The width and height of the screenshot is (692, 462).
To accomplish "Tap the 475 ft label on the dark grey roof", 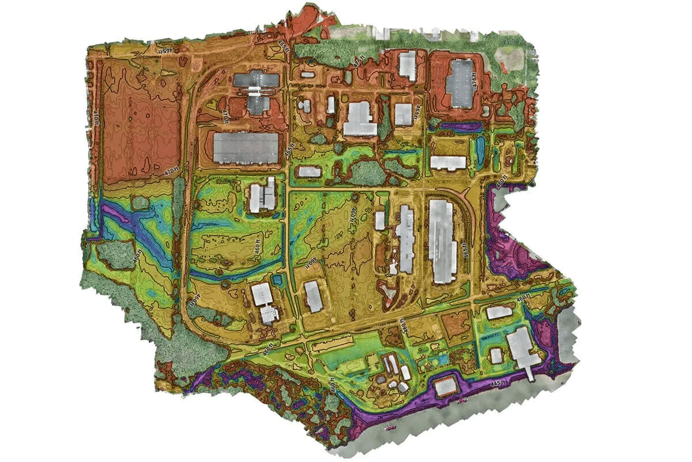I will [475, 83].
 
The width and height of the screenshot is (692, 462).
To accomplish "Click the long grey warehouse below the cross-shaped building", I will [246, 148].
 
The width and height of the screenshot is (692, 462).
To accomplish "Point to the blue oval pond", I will [480, 149].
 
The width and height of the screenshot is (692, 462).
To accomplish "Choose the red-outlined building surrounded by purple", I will [445, 386].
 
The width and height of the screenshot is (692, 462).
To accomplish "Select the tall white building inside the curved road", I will [442, 240].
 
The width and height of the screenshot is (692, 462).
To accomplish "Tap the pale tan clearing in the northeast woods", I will [509, 57].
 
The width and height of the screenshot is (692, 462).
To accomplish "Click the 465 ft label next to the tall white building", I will [465, 251].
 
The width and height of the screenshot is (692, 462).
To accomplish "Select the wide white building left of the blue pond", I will [448, 162].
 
